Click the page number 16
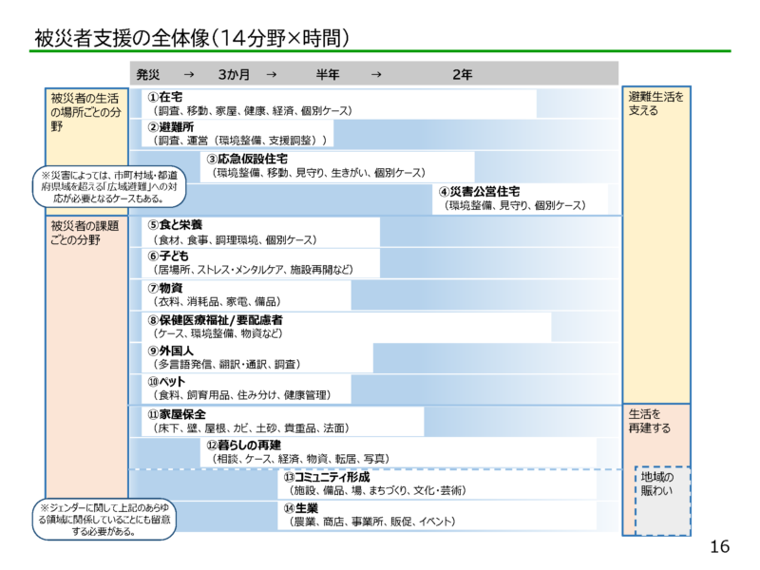718,547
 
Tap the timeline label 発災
148,74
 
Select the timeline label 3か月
234,74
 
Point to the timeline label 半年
329,74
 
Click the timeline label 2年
463,74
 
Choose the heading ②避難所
171,126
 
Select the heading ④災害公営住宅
479,191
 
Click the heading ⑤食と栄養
175,225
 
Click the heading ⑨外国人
171,351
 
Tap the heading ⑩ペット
167,381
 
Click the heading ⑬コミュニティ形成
326,477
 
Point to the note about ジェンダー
105,520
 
